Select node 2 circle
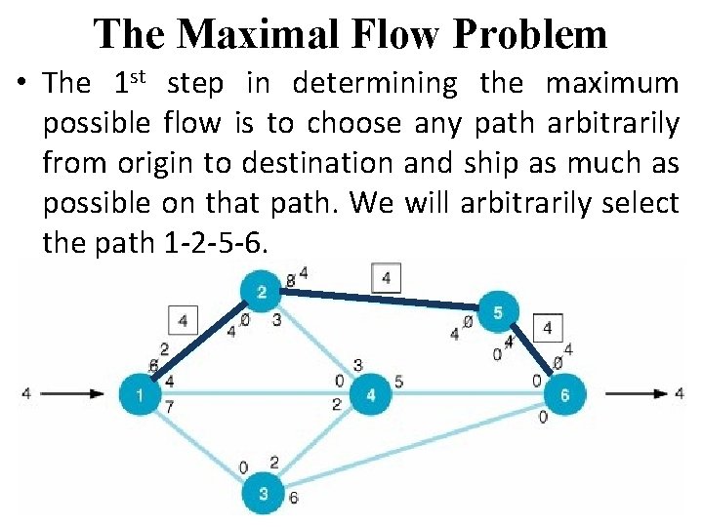pyautogui.click(x=262, y=293)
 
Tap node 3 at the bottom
pyautogui.click(x=263, y=494)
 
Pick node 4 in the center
pyautogui.click(x=370, y=394)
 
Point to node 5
pyautogui.click(x=498, y=312)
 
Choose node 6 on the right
pyautogui.click(x=563, y=394)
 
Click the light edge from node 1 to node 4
pyautogui.click(x=254, y=394)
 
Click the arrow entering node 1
pyautogui.click(x=73, y=394)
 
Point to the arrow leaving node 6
pyautogui.click(x=635, y=394)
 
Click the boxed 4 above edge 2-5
pyautogui.click(x=387, y=279)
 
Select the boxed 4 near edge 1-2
pyautogui.click(x=183, y=319)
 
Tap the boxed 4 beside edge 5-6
pyautogui.click(x=548, y=328)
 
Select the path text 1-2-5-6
pyautogui.click(x=209, y=243)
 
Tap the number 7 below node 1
pyautogui.click(x=170, y=407)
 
